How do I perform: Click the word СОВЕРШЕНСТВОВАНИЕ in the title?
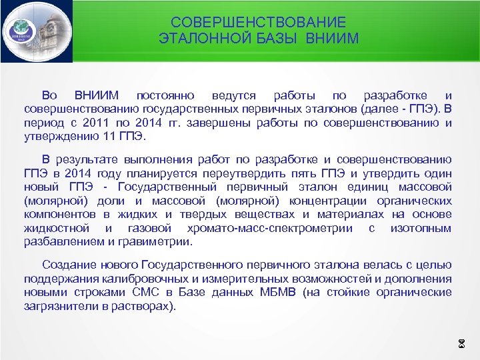(x=258, y=23)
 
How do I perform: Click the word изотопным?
(x=422, y=228)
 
